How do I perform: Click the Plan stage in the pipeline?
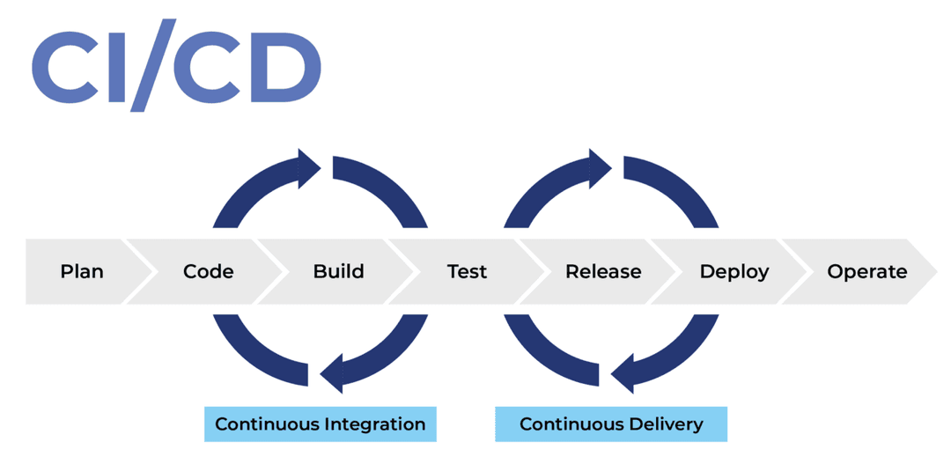click(82, 271)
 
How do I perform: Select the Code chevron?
click(209, 271)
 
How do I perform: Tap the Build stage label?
click(338, 271)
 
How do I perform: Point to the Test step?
click(467, 271)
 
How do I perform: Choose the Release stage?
click(603, 271)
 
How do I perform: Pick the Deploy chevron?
click(734, 271)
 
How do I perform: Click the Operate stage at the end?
click(866, 271)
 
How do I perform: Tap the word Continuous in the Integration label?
click(267, 424)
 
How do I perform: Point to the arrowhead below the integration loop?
click(331, 373)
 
